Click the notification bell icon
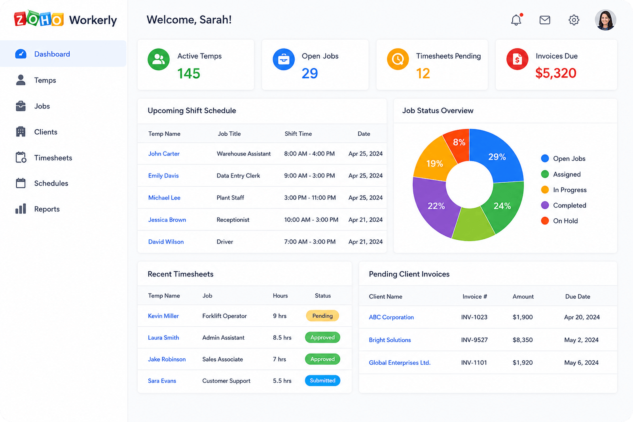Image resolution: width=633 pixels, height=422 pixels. click(516, 20)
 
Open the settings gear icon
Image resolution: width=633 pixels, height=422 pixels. click(574, 20)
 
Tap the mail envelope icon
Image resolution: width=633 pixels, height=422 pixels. click(544, 20)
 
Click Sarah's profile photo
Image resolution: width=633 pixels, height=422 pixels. click(605, 20)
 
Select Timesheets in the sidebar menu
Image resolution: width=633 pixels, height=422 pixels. click(53, 158)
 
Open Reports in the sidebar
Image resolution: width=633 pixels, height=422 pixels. click(47, 209)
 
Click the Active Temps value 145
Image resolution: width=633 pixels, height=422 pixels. click(189, 74)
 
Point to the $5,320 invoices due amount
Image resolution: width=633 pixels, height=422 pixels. click(555, 73)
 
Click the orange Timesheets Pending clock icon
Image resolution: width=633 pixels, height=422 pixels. click(398, 59)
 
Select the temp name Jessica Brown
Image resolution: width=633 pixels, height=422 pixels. click(167, 220)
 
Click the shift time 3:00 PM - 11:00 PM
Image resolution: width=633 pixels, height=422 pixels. click(310, 197)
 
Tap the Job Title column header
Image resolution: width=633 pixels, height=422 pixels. click(229, 134)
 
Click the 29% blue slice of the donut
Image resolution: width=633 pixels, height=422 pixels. click(497, 156)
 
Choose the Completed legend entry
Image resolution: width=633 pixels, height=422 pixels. click(563, 205)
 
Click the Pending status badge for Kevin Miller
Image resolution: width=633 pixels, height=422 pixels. click(322, 316)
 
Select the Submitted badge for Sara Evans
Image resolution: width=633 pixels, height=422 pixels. click(322, 380)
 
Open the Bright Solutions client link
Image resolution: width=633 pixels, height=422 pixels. click(390, 340)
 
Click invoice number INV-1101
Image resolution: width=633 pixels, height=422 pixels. click(474, 362)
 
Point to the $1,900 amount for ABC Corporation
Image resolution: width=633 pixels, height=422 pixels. click(523, 317)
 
